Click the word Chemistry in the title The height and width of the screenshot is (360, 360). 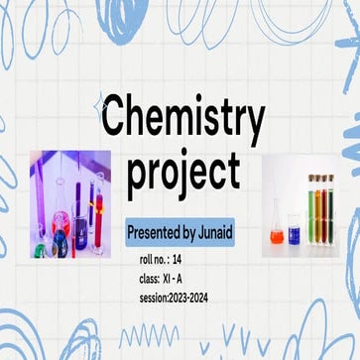[x=184, y=118]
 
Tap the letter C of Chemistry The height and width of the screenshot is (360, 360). [x=118, y=118]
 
